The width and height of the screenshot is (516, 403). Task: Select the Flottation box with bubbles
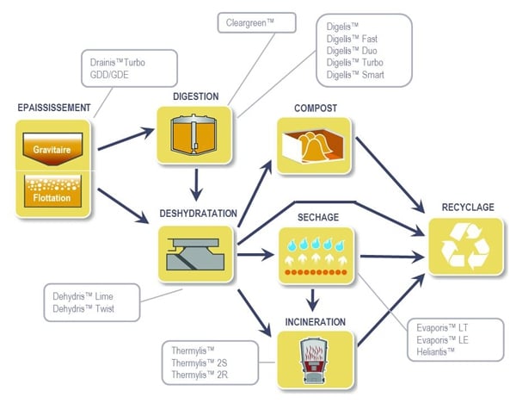pyautogui.click(x=51, y=191)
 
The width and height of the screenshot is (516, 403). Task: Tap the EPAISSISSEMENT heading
pyautogui.click(x=53, y=108)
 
